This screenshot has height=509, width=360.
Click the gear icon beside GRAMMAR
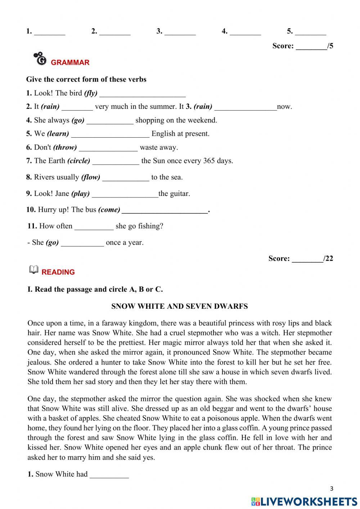click(40, 59)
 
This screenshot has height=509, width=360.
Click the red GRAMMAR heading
click(70, 62)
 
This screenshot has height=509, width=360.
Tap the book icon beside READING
click(33, 270)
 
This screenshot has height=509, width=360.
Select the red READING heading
click(58, 272)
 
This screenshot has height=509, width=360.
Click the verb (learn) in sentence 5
click(58, 134)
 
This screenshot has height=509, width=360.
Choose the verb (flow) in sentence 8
click(91, 177)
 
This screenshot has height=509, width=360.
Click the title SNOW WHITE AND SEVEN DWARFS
click(179, 307)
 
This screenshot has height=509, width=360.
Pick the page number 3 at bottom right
click(332, 488)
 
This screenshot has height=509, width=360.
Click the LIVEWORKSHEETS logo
click(304, 501)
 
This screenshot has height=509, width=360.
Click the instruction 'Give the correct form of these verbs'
click(86, 79)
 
